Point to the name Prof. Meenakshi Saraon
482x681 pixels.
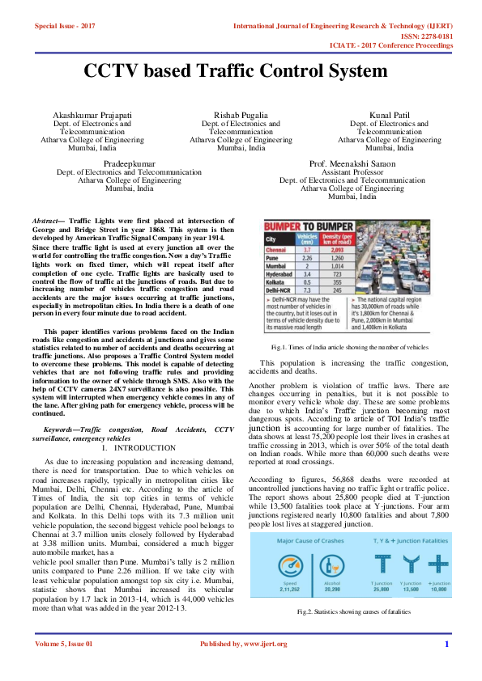[x=352, y=164]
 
